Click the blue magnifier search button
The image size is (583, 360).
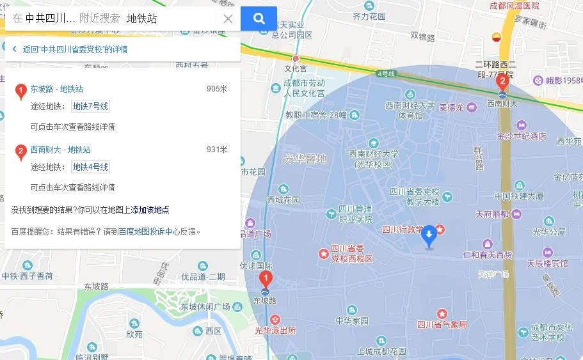click(x=259, y=19)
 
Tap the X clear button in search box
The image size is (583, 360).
click(x=228, y=19)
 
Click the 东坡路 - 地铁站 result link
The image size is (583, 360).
click(x=57, y=89)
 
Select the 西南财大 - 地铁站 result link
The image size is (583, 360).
click(x=61, y=150)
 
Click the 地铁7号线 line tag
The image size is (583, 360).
click(x=90, y=106)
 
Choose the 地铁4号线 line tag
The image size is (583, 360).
click(x=90, y=167)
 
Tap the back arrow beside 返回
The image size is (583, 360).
click(x=14, y=49)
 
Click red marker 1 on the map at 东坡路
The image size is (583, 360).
click(x=266, y=279)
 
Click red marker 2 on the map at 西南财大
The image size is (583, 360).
click(x=502, y=81)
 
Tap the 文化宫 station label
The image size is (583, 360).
click(x=296, y=68)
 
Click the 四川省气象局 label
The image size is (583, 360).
click(x=442, y=325)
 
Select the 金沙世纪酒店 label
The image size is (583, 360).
click(x=522, y=136)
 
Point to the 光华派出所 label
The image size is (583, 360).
click(x=275, y=330)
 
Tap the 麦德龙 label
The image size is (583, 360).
click(x=451, y=107)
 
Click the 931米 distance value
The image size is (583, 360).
click(x=217, y=150)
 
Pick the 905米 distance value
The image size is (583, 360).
click(x=217, y=89)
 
